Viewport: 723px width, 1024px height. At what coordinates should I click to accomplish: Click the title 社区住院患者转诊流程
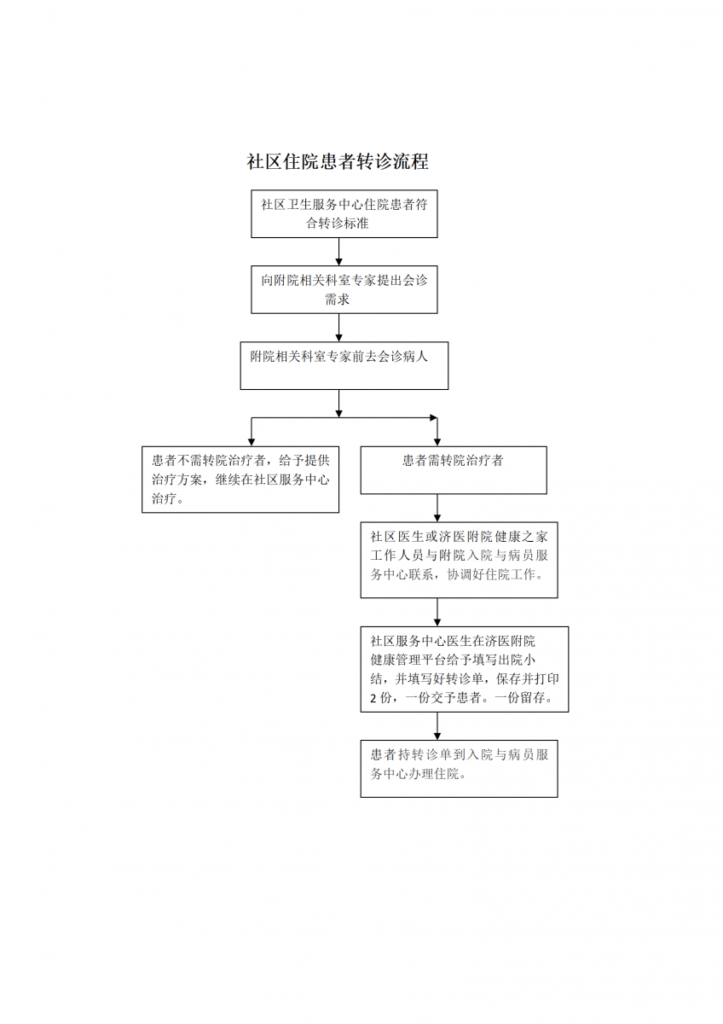click(338, 161)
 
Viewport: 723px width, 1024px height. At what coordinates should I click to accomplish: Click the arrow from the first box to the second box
click(338, 252)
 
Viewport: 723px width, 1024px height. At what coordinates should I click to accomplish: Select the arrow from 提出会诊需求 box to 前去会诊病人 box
click(338, 328)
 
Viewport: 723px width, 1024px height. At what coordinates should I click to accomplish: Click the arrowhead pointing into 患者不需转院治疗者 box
click(252, 442)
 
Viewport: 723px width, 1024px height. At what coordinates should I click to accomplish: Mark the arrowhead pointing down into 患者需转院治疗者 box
click(437, 442)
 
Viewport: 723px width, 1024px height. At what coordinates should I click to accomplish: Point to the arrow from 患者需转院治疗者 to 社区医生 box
click(437, 508)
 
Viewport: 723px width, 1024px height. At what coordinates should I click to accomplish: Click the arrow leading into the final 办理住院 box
click(437, 726)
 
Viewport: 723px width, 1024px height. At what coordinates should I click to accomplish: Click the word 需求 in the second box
click(337, 300)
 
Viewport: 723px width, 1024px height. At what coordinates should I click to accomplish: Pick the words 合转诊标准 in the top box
click(337, 224)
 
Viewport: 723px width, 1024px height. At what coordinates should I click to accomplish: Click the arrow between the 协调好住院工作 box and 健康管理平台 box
click(437, 612)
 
